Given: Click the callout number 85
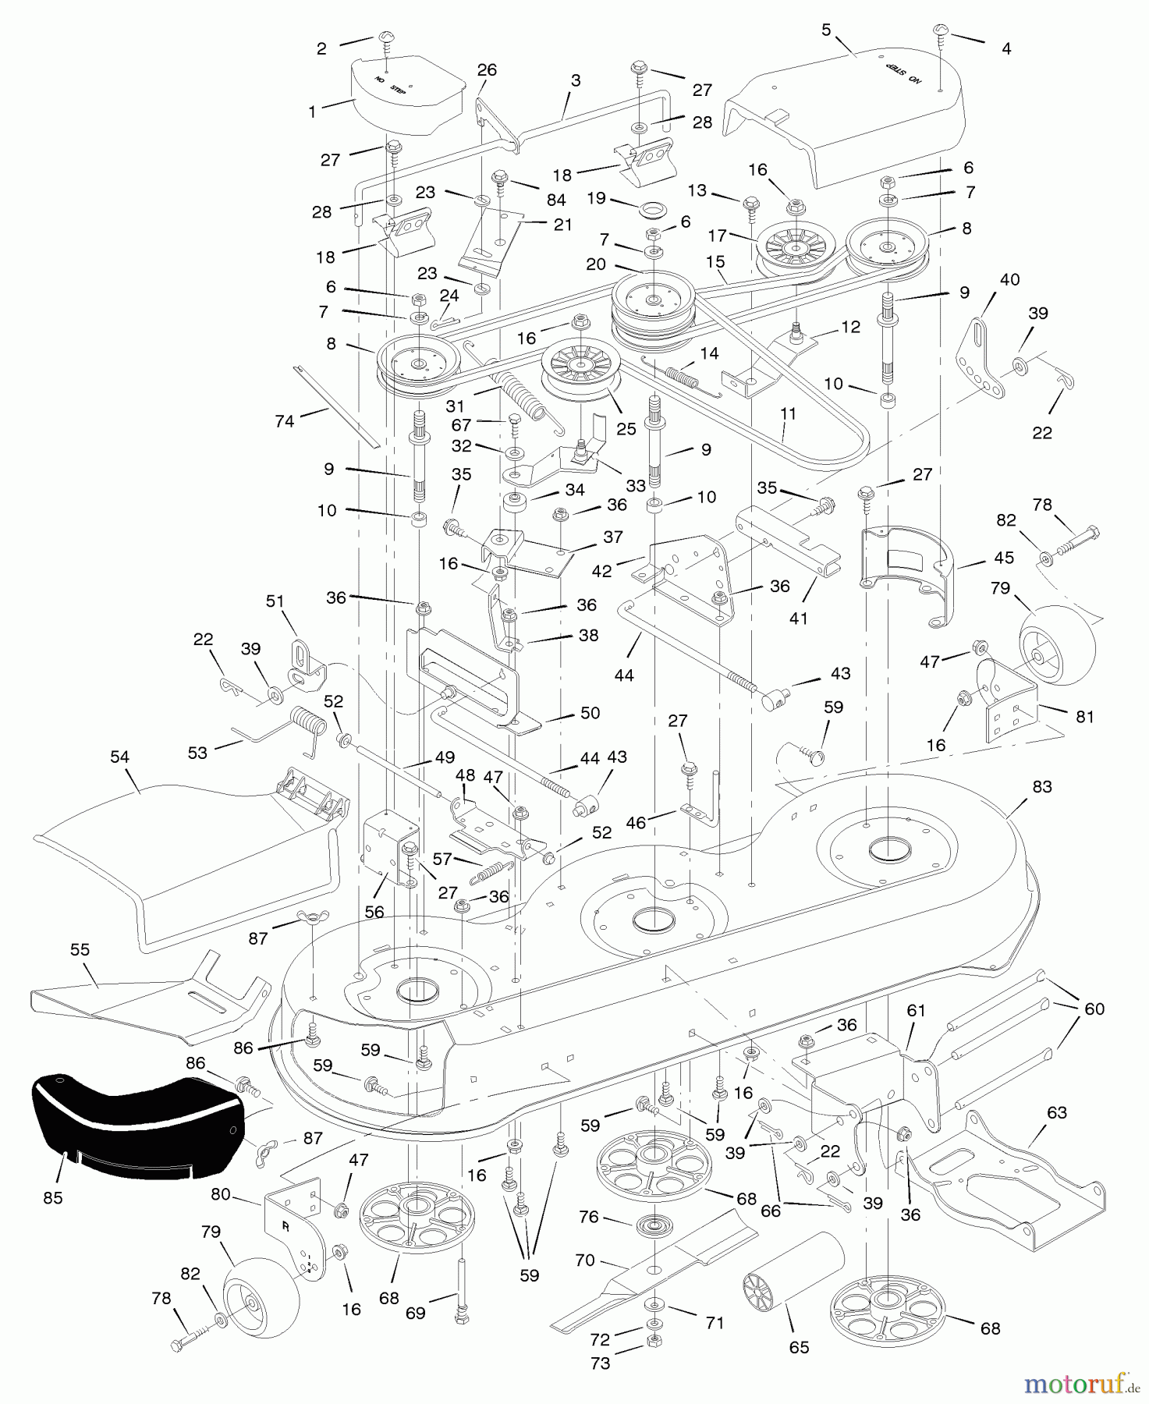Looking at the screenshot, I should [x=52, y=1197].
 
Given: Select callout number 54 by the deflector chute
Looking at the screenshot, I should [x=120, y=757].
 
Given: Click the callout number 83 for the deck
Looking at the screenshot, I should [x=1042, y=787].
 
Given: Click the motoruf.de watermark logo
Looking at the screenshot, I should [x=1080, y=1384].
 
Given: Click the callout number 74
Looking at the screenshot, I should [x=285, y=421].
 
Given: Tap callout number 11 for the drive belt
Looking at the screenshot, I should [x=789, y=413].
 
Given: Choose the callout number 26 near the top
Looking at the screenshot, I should [x=487, y=70].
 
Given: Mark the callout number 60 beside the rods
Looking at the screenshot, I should [x=1094, y=1009].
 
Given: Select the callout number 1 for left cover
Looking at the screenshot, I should [x=313, y=112].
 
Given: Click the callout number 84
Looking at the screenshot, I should [x=555, y=200].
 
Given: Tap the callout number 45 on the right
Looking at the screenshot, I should [x=1004, y=558].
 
